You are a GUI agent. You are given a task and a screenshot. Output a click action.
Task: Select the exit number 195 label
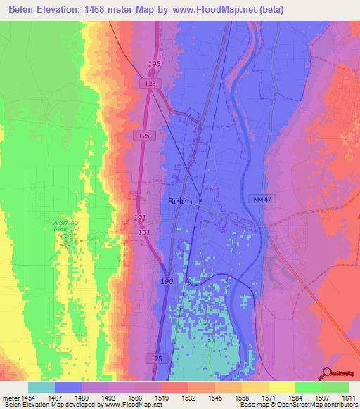155,65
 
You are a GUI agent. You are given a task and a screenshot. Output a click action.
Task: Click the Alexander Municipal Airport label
67,230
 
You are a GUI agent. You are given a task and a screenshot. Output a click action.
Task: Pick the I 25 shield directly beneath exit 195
148,84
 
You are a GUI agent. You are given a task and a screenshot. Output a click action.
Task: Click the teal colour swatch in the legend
41,387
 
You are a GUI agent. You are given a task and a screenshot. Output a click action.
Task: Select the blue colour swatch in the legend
68,387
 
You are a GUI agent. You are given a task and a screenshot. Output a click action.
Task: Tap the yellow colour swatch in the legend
281,387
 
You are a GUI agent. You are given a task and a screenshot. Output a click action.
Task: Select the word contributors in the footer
337,405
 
